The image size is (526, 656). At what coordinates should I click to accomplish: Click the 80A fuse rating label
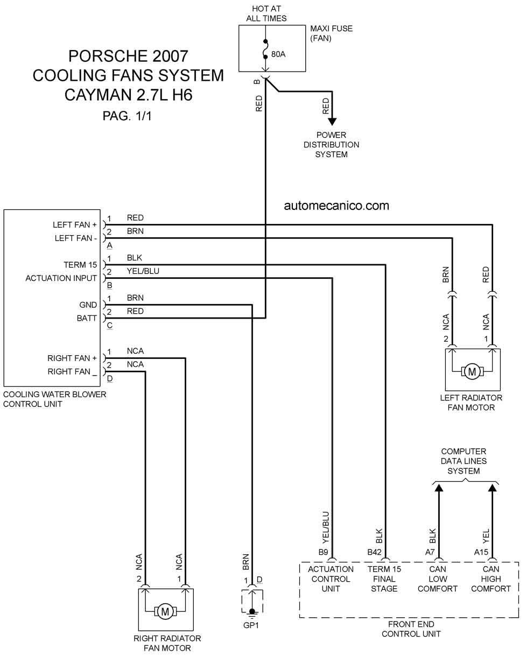point(278,54)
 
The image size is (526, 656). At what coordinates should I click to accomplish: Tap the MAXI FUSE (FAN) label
point(331,33)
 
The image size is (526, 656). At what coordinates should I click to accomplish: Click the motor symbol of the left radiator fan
point(472,372)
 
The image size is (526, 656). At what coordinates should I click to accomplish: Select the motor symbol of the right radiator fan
point(165,611)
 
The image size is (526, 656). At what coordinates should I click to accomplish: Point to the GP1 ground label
point(251,625)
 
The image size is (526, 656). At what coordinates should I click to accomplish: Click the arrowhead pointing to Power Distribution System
point(332,122)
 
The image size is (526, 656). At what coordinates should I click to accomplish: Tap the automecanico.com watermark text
point(336,206)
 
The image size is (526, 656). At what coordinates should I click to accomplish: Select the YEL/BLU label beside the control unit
point(143,271)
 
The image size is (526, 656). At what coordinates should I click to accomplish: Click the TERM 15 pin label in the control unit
point(80,265)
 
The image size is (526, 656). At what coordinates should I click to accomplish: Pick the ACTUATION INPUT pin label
point(61,278)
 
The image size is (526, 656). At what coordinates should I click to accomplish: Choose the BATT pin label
point(87,318)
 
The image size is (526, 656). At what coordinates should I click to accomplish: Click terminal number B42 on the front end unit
point(374,552)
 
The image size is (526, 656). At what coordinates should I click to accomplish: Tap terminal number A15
point(481,552)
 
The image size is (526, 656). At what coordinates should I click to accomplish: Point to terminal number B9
point(323,552)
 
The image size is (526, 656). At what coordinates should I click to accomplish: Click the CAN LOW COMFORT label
point(438,579)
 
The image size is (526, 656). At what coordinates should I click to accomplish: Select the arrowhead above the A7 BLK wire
point(439,489)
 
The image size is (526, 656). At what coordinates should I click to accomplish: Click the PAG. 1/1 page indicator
point(127,116)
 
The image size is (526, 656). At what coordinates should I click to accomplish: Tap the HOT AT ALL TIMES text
point(266,13)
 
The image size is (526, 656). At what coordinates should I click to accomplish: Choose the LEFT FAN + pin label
point(75,224)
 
